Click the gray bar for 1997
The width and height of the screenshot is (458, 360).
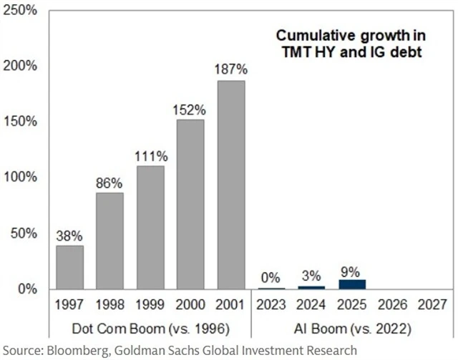[x=70, y=267]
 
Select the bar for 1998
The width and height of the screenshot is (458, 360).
[x=110, y=240]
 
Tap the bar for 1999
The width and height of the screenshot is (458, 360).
[x=150, y=227]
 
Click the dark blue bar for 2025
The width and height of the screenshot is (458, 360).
[x=351, y=284]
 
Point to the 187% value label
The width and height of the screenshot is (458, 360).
[x=231, y=70]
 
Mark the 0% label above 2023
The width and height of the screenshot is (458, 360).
[x=271, y=278]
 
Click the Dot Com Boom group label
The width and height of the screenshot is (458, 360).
[x=150, y=331]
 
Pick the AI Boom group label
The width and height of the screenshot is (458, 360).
[x=351, y=331]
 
